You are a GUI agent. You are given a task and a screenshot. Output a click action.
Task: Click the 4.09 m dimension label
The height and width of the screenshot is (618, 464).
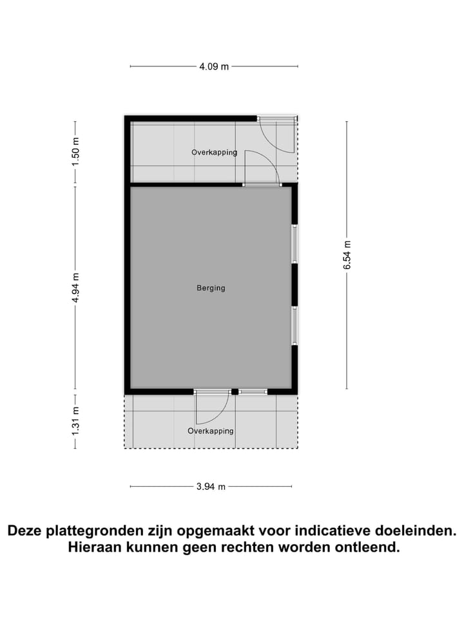click(x=214, y=66)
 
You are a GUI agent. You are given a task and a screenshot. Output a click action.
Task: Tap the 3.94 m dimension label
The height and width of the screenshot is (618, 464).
click(x=211, y=487)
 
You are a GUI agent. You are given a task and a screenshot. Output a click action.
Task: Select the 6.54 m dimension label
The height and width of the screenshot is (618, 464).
click(x=347, y=255)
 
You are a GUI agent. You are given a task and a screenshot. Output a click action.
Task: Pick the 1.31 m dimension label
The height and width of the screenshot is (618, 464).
click(x=75, y=420)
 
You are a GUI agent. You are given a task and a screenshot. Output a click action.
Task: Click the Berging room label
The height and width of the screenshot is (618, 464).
click(x=211, y=288)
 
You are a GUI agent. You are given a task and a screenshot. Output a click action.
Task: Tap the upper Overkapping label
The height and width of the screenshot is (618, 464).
click(x=214, y=153)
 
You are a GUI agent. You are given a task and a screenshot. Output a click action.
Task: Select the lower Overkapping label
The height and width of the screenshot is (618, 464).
click(x=211, y=431)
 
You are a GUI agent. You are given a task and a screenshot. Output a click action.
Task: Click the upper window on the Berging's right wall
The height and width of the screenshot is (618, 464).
click(x=295, y=243)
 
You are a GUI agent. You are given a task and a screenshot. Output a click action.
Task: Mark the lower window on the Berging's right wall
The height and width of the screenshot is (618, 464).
click(x=295, y=326)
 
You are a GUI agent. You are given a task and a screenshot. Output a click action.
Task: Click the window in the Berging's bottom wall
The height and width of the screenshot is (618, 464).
click(x=253, y=391)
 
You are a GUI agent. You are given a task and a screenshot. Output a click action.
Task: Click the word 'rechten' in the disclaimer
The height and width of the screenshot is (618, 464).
click(x=247, y=548)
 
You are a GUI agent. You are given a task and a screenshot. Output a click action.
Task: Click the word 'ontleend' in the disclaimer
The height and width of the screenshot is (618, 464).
click(x=367, y=548)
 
